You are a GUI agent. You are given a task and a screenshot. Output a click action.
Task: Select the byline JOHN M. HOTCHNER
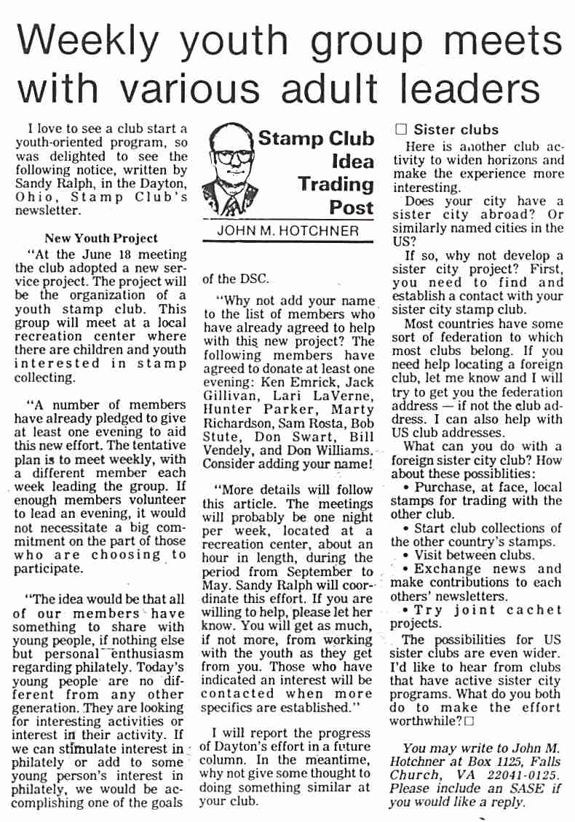coord(288,231)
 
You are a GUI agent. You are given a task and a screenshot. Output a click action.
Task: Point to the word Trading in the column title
coord(336,183)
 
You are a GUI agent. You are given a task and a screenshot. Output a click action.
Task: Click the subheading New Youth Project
coord(100,238)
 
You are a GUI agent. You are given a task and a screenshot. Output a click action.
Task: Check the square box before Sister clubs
coord(400,129)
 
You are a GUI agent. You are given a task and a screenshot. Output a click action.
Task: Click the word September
coord(324,572)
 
